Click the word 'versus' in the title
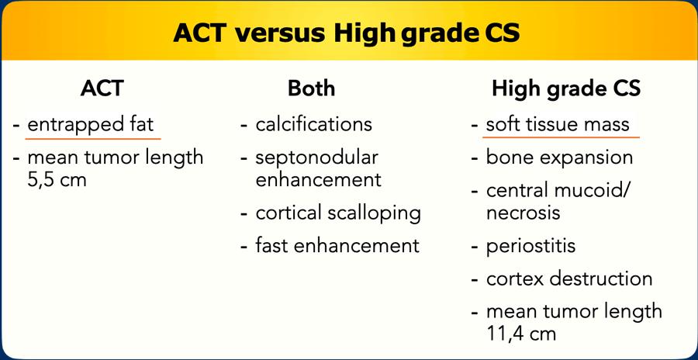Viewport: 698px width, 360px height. tap(282, 33)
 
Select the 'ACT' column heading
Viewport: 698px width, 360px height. tap(102, 88)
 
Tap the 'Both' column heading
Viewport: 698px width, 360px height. tap(311, 88)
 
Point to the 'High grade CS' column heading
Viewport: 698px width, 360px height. tap(566, 89)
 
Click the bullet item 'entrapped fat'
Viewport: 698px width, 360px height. tap(91, 124)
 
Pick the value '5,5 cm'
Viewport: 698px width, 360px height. tap(57, 181)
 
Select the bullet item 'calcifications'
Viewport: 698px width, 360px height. tap(314, 124)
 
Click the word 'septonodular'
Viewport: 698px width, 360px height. tap(317, 158)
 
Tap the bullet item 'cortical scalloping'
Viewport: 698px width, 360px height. tap(338, 213)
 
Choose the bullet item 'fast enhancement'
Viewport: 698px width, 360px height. tap(337, 245)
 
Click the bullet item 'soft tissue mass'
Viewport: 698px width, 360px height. tap(558, 124)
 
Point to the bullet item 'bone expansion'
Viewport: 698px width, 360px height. tap(559, 158)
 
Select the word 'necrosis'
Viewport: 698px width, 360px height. tap(523, 213)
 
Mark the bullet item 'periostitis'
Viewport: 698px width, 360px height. tap(530, 246)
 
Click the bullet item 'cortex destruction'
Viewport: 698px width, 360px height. tap(569, 279)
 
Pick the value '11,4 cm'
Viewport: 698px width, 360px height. tap(521, 334)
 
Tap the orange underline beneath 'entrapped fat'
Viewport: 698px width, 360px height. tap(93, 139)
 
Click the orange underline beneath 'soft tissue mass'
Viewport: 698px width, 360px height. tap(562, 137)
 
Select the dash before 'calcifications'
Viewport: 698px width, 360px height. tap(244, 125)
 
